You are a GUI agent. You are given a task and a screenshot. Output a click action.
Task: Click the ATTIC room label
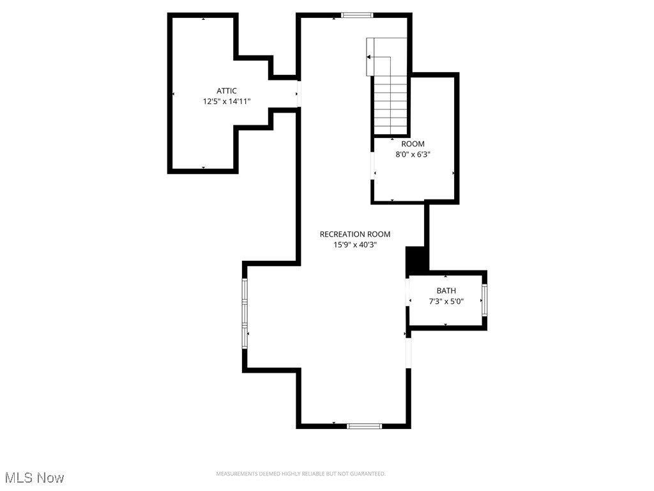(x=227, y=91)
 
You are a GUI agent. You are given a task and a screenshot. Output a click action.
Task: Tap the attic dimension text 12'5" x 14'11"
(x=227, y=101)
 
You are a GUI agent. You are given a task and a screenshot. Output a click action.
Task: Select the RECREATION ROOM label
(x=355, y=234)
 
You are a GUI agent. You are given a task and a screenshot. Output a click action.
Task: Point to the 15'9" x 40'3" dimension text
(x=355, y=244)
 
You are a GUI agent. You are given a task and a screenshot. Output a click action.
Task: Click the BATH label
(x=446, y=291)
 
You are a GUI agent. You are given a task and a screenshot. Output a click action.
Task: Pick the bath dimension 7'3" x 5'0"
(x=446, y=301)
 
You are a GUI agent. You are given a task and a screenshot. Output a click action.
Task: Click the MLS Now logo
(x=34, y=478)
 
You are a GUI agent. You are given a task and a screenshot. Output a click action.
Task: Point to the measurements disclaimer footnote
(x=301, y=474)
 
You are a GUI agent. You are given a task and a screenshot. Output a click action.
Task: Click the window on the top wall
(x=358, y=15)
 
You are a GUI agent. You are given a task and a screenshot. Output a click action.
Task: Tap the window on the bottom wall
(x=364, y=425)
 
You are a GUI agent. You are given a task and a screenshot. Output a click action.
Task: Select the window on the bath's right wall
(x=485, y=300)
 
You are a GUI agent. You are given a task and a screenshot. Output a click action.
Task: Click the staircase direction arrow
(x=369, y=57)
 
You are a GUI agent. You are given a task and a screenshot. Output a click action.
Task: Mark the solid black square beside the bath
(x=416, y=261)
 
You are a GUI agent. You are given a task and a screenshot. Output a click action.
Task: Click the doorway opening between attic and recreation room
(x=298, y=94)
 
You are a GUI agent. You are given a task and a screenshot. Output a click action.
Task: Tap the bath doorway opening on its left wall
(x=408, y=292)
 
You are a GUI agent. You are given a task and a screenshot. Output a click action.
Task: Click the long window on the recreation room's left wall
(x=245, y=313)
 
